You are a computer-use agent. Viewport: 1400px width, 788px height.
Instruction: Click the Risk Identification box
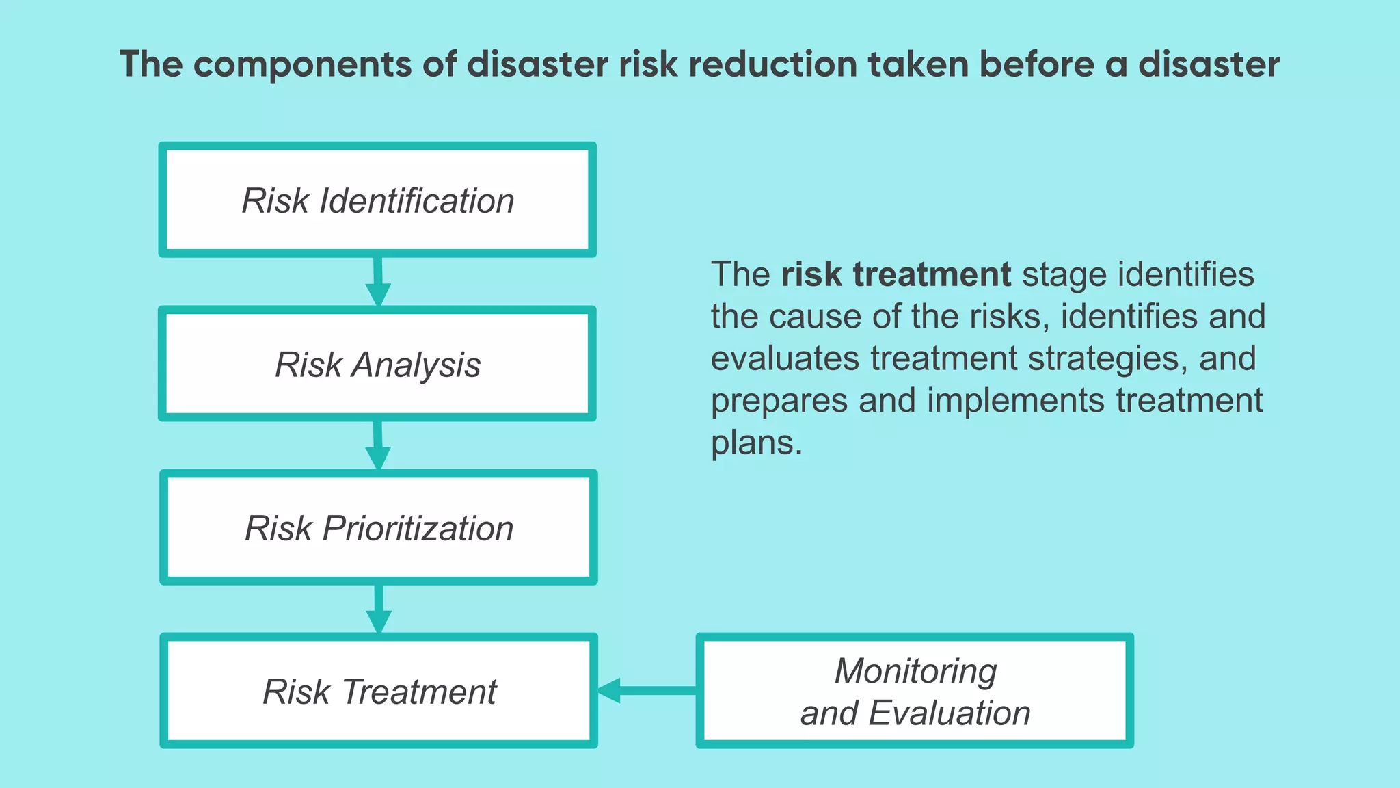click(x=377, y=200)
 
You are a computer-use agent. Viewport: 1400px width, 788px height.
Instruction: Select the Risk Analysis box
click(x=377, y=363)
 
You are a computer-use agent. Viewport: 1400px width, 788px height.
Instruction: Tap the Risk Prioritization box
click(x=379, y=527)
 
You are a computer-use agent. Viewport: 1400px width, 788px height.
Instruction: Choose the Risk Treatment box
click(x=379, y=691)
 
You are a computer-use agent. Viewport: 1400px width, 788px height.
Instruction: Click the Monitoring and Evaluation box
click(x=915, y=691)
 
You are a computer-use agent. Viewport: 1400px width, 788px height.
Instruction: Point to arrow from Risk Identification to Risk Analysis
click(x=378, y=282)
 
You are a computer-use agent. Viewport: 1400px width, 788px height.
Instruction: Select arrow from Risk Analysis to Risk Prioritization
click(x=378, y=445)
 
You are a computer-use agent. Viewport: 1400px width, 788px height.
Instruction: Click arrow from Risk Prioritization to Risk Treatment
click(x=379, y=609)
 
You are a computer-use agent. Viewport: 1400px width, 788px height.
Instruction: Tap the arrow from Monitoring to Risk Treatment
click(x=647, y=690)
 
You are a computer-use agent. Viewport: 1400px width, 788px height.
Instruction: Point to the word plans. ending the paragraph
click(x=756, y=443)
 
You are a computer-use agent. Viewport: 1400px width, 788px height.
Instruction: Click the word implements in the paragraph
click(x=1015, y=400)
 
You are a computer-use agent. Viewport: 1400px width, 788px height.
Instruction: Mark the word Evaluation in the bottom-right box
click(x=950, y=713)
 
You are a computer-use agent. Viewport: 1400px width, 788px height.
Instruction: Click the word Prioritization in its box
click(x=418, y=528)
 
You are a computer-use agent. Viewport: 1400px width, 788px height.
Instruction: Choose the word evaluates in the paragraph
click(x=785, y=358)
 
